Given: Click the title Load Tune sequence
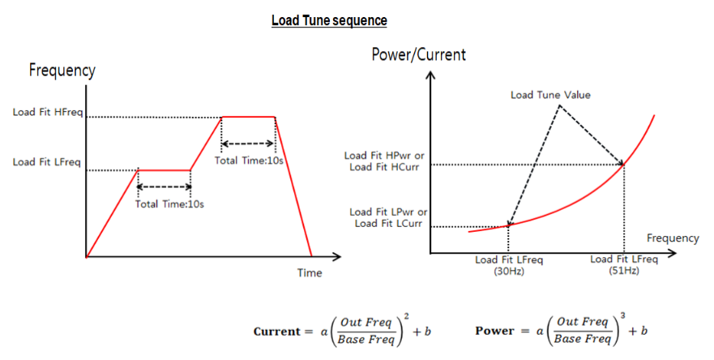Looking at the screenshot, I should coord(329,19).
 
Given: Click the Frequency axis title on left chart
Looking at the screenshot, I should coord(62,71).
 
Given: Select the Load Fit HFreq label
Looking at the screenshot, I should coord(46,112).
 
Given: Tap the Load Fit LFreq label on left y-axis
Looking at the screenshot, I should coord(46,162).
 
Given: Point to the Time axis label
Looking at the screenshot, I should coord(309,273).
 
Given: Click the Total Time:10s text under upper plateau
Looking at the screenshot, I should coord(248,160).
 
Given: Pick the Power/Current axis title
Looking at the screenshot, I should coord(418,55).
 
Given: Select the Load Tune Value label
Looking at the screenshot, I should coord(550,95).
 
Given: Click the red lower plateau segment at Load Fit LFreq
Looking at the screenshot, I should coord(164,170).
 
